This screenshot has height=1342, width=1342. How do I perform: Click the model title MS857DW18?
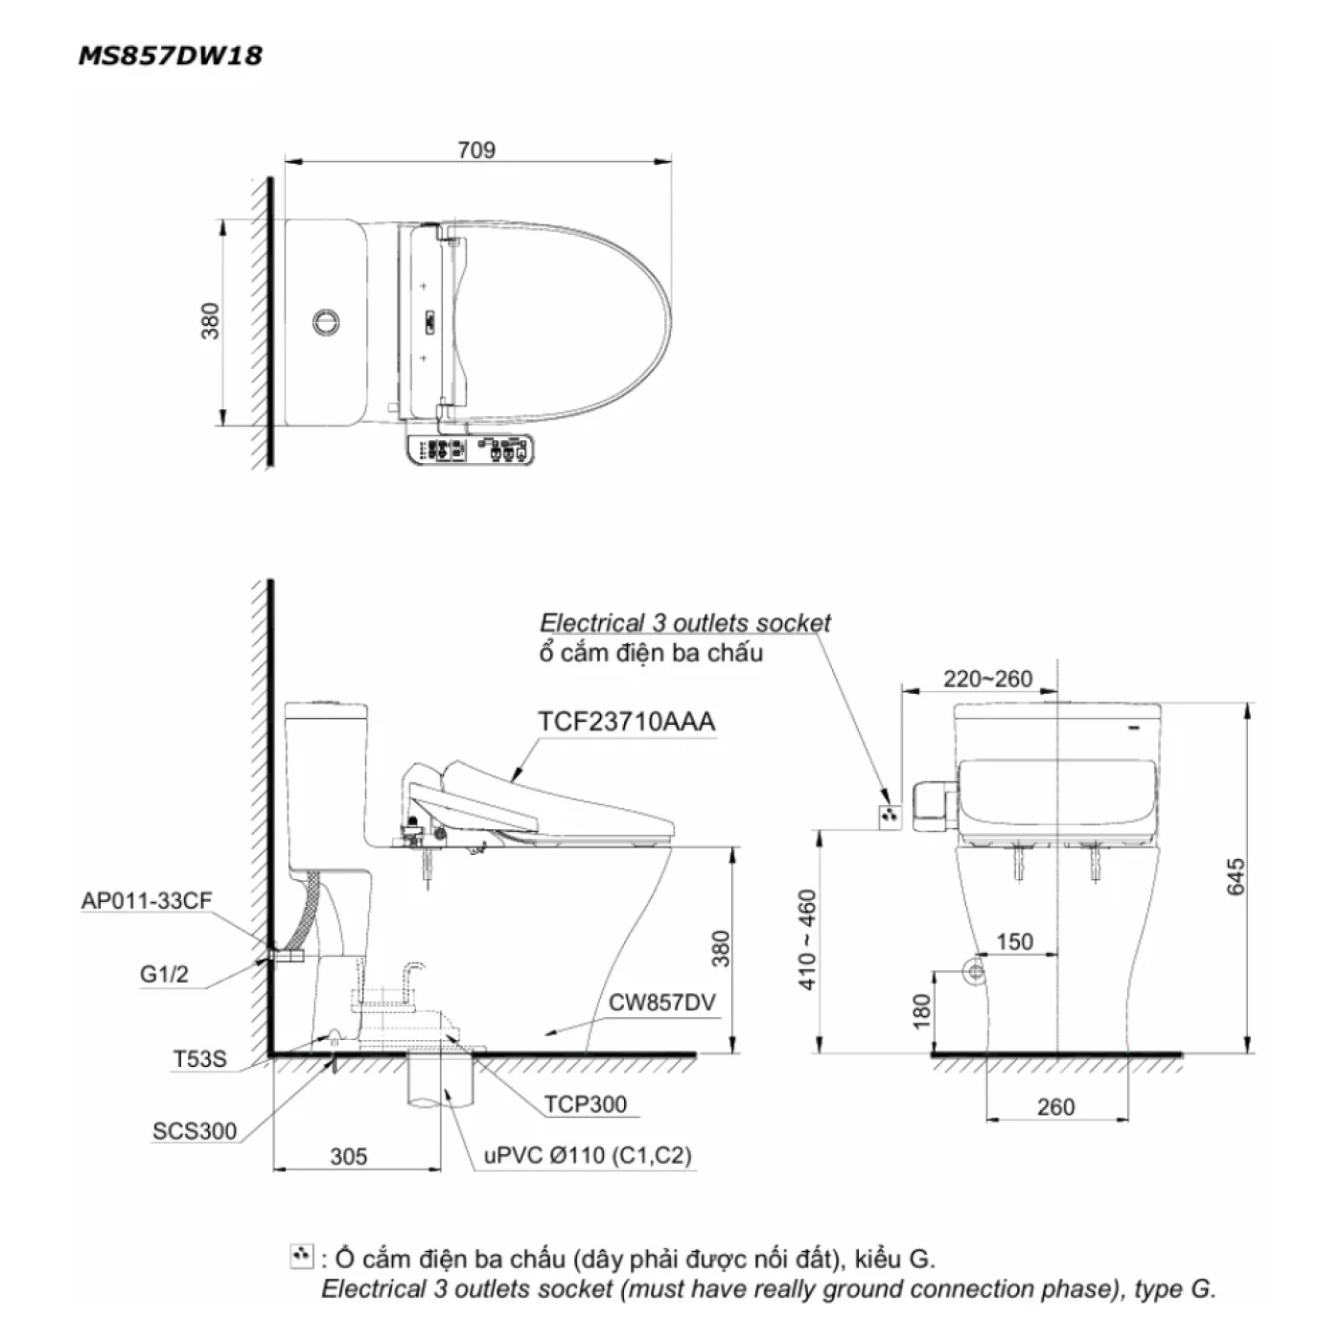pos(170,56)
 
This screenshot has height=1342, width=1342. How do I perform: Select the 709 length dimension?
pos(476,150)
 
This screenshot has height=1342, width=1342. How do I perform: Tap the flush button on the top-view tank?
pos(326,321)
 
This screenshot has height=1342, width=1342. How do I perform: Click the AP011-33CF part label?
pos(146,900)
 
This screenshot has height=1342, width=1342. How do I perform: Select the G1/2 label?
pos(164,975)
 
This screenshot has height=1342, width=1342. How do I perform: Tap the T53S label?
pos(199,1060)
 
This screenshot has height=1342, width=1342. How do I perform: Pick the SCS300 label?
pos(195,1131)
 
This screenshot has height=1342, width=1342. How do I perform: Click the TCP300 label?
pos(586,1104)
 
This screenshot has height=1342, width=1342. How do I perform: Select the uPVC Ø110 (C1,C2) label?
pos(588,1156)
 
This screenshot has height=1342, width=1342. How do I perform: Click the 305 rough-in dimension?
pos(349,1157)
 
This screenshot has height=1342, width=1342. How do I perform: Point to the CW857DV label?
pos(661,1003)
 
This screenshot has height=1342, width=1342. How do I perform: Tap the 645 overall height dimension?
pos(1236,877)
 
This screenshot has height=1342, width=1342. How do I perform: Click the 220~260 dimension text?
pos(987,679)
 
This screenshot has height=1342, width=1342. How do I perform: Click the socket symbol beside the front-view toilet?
pos(891,816)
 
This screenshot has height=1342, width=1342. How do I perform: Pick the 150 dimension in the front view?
pos(1014,941)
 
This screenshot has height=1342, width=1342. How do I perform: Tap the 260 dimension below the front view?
pos(1055,1107)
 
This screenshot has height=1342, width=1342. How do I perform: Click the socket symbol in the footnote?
pos(301,1257)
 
